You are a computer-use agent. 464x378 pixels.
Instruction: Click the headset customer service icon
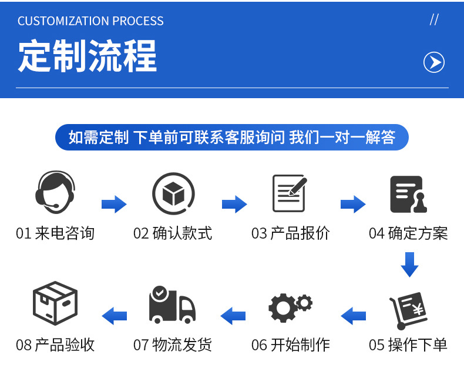click(x=55, y=192)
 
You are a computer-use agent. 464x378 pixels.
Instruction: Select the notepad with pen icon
click(x=290, y=193)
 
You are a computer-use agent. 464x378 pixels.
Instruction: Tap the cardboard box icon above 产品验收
click(x=55, y=305)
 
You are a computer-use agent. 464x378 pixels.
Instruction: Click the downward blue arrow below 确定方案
click(x=409, y=264)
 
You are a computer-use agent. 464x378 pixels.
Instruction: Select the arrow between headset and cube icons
click(x=114, y=204)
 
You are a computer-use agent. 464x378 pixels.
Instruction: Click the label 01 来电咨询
click(x=55, y=233)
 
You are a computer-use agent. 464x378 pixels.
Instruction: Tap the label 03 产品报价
click(x=291, y=233)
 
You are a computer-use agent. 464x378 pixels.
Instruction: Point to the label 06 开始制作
click(x=291, y=345)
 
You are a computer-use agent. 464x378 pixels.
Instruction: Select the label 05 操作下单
click(x=408, y=345)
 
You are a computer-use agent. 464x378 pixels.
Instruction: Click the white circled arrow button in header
click(x=434, y=62)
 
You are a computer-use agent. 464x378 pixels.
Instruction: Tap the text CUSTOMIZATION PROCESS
click(x=90, y=21)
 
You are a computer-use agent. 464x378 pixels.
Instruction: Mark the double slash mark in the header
click(x=434, y=20)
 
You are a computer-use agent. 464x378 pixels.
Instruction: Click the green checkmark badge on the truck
click(x=159, y=292)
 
